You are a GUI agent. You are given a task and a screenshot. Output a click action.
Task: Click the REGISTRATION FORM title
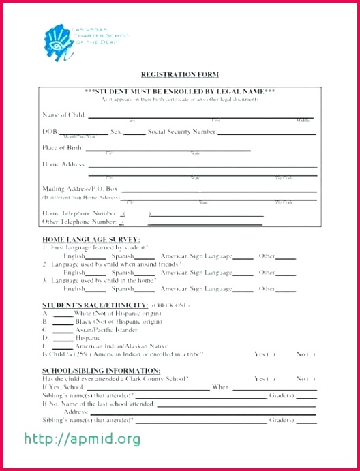180,74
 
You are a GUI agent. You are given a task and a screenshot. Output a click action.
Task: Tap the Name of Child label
63,115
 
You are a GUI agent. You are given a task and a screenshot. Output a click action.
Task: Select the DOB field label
50,131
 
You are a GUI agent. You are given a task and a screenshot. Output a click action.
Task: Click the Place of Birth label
63,147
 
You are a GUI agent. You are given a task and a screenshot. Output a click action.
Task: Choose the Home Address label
63,164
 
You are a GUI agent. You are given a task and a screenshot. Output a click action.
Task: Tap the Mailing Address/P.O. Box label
80,188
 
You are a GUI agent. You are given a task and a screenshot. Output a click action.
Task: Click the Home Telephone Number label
79,213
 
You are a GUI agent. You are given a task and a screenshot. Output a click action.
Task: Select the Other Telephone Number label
79,222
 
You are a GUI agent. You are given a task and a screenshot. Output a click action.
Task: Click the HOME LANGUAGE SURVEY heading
91,240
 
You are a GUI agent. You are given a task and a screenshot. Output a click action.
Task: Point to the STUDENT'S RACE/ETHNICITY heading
95,305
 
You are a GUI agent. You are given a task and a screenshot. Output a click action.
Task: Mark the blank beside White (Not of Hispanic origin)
63,313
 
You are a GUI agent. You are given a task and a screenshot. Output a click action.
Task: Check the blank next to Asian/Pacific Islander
63,329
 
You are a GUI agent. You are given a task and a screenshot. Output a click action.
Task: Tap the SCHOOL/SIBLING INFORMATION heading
96,370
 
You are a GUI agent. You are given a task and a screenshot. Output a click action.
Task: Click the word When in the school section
220,387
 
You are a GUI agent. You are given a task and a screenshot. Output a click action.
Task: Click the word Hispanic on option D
87,337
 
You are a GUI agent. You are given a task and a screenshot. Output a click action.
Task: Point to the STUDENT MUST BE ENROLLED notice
180,91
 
